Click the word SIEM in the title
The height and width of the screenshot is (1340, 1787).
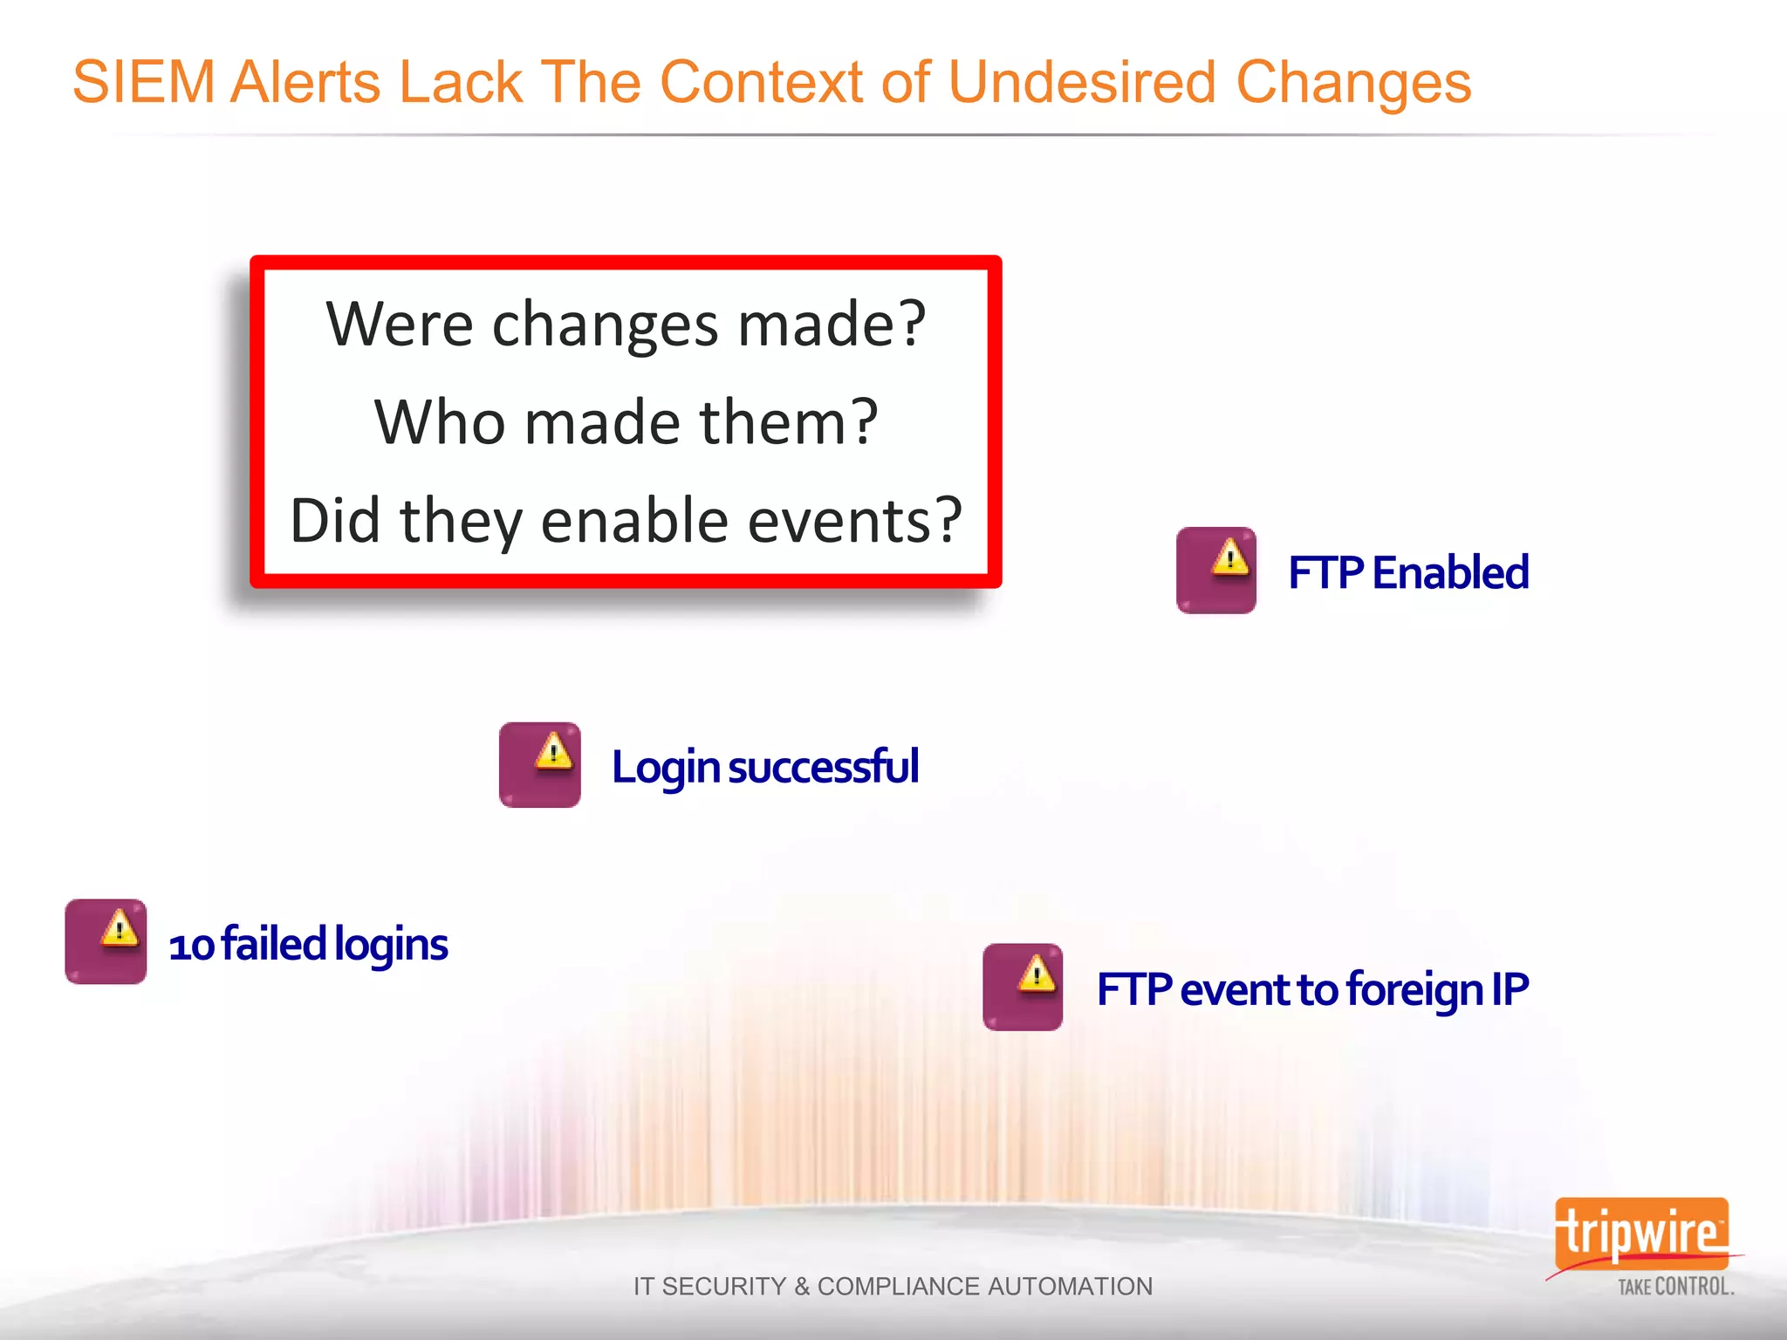(144, 83)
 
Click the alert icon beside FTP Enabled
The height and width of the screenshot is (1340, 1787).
(1215, 571)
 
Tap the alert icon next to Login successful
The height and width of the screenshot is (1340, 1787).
(539, 765)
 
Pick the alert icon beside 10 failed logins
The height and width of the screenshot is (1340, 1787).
(106, 942)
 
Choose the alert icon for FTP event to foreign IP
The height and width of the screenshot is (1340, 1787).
(1023, 987)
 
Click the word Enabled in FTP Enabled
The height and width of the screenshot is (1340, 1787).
(1450, 573)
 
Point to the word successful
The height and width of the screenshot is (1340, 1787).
(823, 767)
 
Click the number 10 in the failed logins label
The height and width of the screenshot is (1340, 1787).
(191, 946)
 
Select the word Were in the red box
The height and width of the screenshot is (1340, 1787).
(400, 325)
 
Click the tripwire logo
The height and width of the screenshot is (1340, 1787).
(1640, 1233)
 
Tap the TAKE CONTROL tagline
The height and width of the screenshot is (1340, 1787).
(1675, 1287)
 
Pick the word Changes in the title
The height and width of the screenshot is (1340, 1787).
(1353, 83)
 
